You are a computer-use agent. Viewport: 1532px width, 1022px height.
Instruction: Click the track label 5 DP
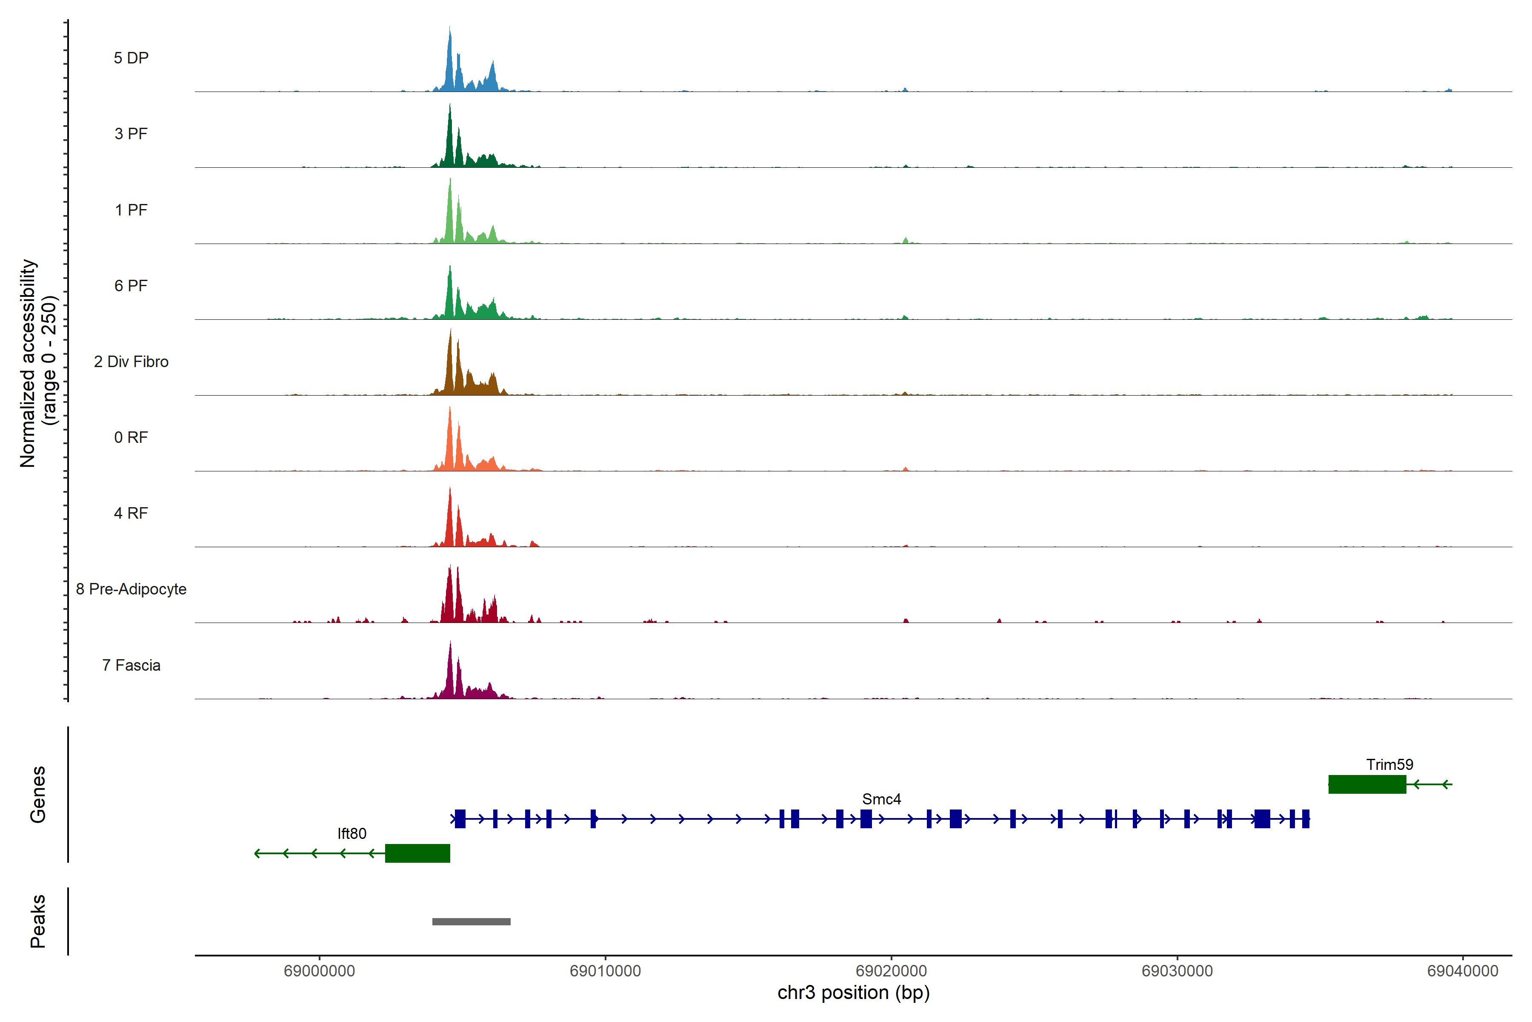click(x=131, y=58)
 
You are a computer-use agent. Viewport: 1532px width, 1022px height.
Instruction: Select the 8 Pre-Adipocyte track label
click(x=131, y=589)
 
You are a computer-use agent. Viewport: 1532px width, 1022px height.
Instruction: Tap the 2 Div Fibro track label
click(x=131, y=362)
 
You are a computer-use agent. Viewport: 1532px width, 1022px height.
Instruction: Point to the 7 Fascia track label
click(x=131, y=666)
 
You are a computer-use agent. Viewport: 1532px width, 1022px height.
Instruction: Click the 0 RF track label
click(x=131, y=437)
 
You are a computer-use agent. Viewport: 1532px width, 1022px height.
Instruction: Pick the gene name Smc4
click(x=881, y=799)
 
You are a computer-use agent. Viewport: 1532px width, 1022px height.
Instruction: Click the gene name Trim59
click(x=1389, y=764)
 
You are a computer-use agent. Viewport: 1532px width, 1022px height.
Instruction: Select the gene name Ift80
click(x=352, y=834)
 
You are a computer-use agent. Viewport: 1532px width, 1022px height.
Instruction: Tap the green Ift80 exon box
click(x=417, y=853)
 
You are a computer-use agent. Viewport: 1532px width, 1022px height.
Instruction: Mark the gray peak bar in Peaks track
click(x=471, y=922)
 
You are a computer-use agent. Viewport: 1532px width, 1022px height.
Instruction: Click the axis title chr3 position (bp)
click(x=853, y=993)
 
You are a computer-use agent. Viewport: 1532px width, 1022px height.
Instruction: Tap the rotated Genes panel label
click(x=38, y=795)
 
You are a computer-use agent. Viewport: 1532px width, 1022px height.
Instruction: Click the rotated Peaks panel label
click(x=38, y=921)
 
